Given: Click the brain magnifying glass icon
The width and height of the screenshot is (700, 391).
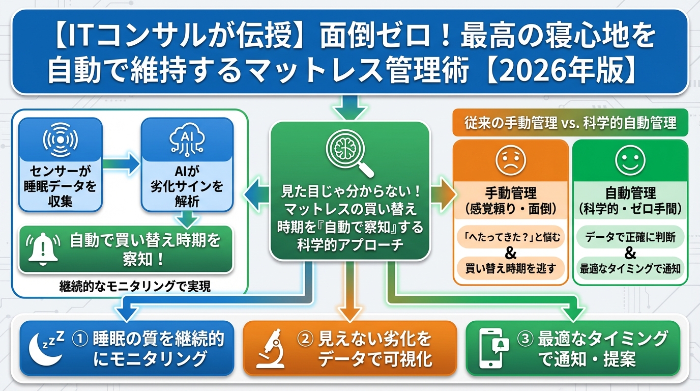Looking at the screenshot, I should [349, 152].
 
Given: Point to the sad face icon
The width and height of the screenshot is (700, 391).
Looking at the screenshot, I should [510, 161].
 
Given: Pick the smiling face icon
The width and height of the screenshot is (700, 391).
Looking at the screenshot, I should [630, 160].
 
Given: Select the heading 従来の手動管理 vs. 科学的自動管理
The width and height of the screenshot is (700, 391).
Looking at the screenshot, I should [570, 123].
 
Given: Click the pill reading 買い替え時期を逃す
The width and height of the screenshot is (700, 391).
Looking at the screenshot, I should [510, 268].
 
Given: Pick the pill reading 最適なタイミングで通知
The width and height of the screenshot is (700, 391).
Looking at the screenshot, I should [630, 268].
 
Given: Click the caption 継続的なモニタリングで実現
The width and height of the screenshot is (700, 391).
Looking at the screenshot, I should [135, 286].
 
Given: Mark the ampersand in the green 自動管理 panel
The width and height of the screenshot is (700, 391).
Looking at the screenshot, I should [630, 253].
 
